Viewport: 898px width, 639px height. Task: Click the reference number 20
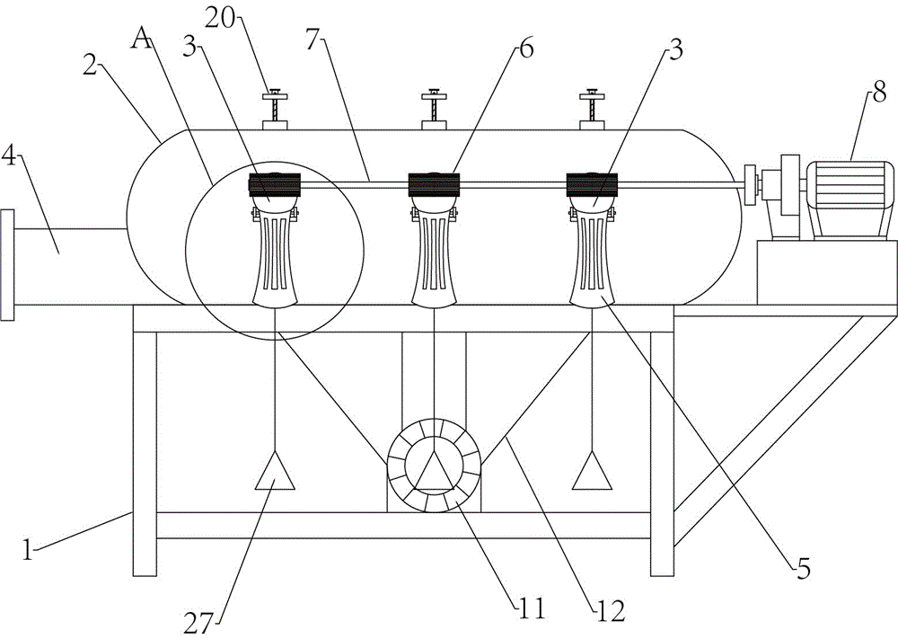pyautogui.click(x=221, y=20)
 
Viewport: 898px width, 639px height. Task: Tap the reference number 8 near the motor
pyautogui.click(x=879, y=93)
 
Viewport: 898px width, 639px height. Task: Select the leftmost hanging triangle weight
pyautogui.click(x=275, y=471)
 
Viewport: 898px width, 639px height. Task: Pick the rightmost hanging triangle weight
pyautogui.click(x=592, y=470)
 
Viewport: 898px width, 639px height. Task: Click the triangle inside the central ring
pyautogui.click(x=434, y=471)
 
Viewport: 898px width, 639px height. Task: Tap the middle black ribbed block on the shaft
pyautogui.click(x=434, y=184)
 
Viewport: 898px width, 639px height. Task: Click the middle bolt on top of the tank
pyautogui.click(x=434, y=110)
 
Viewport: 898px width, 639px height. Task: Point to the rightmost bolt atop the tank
pyautogui.click(x=592, y=110)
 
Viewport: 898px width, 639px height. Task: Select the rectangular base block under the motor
pyautogui.click(x=826, y=273)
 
